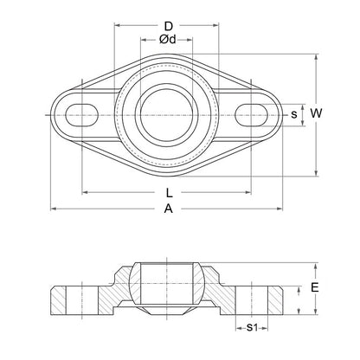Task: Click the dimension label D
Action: (170, 25)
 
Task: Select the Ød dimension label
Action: (170, 40)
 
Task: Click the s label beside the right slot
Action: (294, 113)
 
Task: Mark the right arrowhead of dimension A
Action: (283, 209)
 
